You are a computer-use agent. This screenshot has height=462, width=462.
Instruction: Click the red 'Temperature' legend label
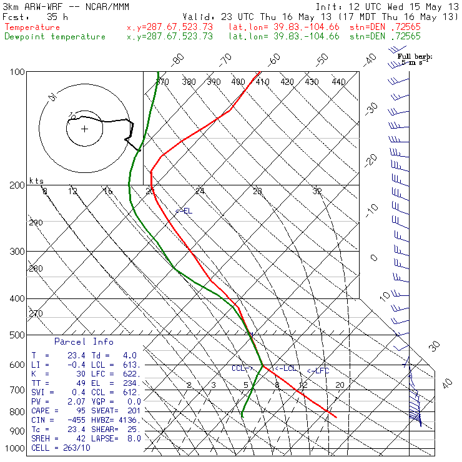(32, 27)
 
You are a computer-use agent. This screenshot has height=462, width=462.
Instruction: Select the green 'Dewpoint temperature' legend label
(55, 36)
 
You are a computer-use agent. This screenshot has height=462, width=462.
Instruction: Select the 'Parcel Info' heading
(84, 342)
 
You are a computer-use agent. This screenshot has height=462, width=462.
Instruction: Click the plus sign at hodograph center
(84, 129)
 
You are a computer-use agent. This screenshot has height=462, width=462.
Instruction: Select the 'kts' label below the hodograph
(37, 180)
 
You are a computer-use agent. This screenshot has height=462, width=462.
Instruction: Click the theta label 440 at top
(338, 82)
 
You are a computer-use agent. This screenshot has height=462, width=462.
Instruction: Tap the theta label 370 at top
(162, 82)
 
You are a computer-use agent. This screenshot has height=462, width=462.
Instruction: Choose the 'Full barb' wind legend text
(415, 56)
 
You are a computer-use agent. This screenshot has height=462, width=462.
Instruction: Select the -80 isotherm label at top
(179, 60)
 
